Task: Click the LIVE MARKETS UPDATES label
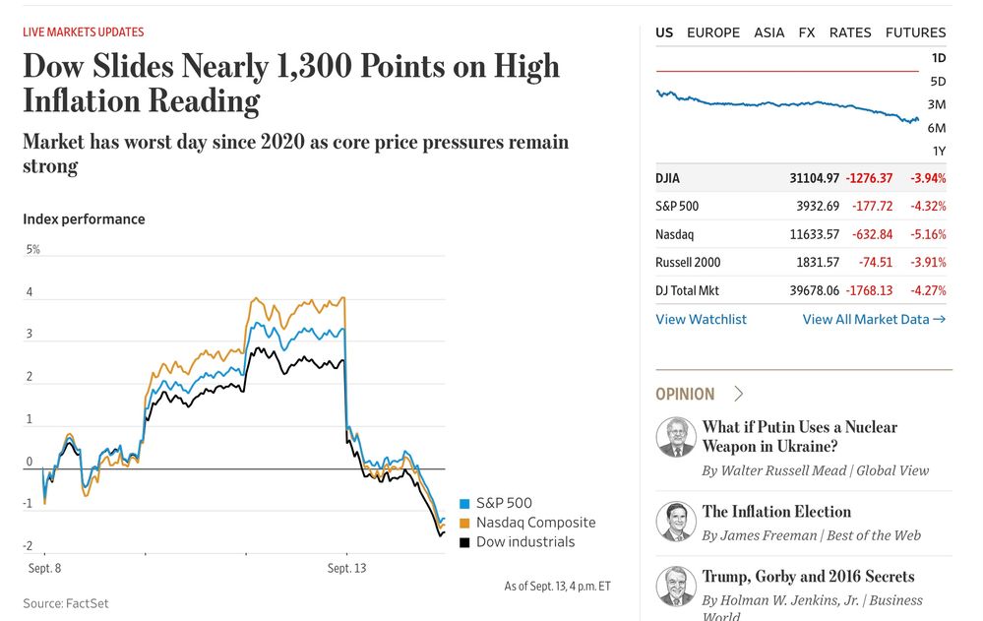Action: coord(84,32)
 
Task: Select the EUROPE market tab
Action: coord(712,32)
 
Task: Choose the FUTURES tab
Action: coord(915,32)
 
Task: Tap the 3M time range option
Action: coord(937,104)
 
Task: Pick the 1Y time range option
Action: coord(939,151)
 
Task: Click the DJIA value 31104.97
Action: coord(814,178)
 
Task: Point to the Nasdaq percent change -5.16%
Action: coord(926,235)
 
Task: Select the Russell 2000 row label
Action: coord(688,263)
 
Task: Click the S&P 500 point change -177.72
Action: coord(871,207)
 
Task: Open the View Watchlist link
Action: coord(701,319)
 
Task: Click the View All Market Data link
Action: coord(874,319)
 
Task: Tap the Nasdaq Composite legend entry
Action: coord(535,523)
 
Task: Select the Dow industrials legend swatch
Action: coord(465,541)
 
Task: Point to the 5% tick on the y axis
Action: coord(33,250)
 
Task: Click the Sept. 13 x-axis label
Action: coord(346,568)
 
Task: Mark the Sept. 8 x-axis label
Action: coord(43,568)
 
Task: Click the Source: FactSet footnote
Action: coord(66,603)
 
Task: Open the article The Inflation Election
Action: coord(776,512)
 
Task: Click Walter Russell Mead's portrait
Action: coord(676,437)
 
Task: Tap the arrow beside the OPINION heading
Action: coord(739,394)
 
